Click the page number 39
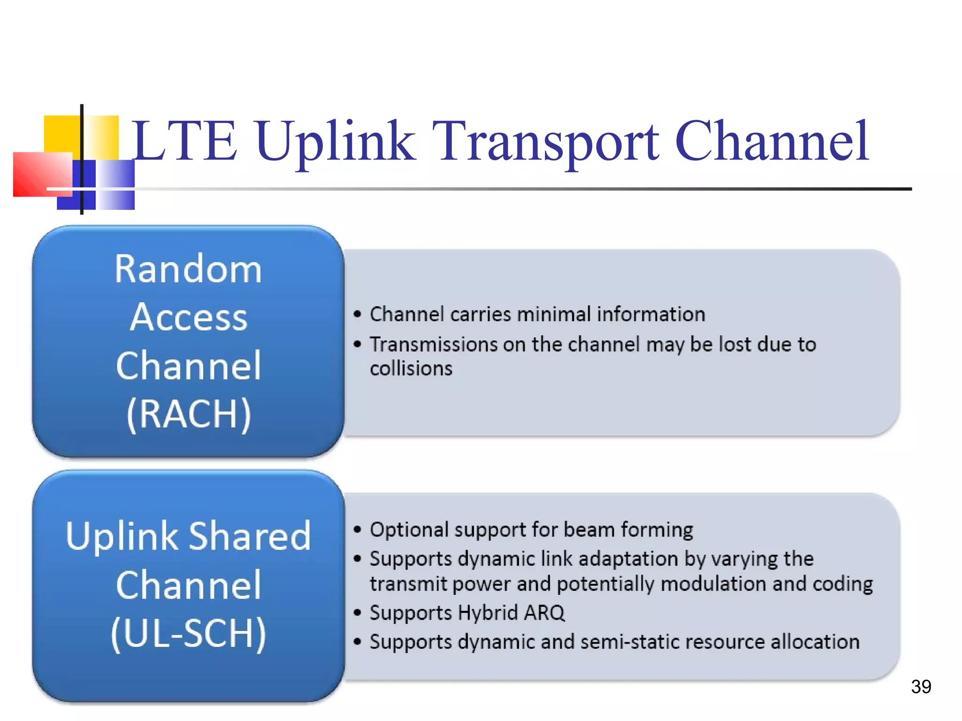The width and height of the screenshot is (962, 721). pos(921,686)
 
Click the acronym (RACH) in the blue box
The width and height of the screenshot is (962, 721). pos(189,414)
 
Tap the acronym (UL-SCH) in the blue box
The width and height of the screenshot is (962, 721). pos(189,634)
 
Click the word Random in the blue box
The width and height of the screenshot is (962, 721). pos(189,269)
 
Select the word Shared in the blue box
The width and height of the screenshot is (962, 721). pos(250,536)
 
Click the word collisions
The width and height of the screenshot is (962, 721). pos(411,368)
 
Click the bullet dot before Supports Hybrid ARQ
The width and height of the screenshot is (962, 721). pos(357,613)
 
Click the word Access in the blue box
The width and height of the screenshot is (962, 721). pos(189,318)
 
